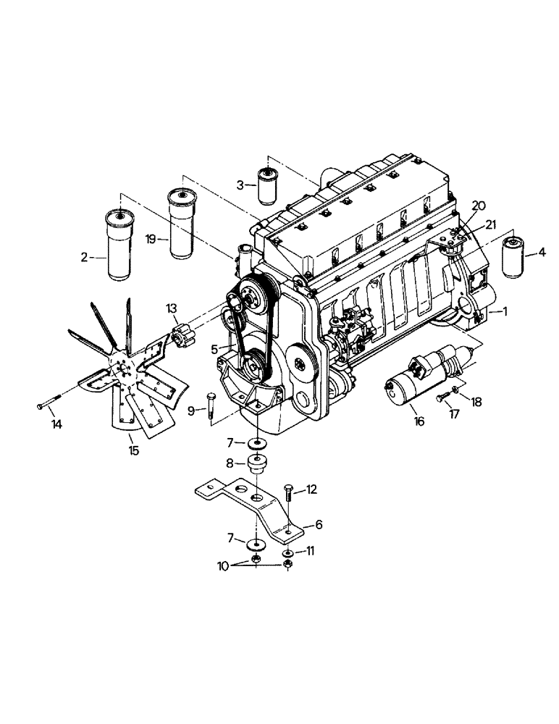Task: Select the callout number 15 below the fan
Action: [134, 450]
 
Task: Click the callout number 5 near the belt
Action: [215, 348]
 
